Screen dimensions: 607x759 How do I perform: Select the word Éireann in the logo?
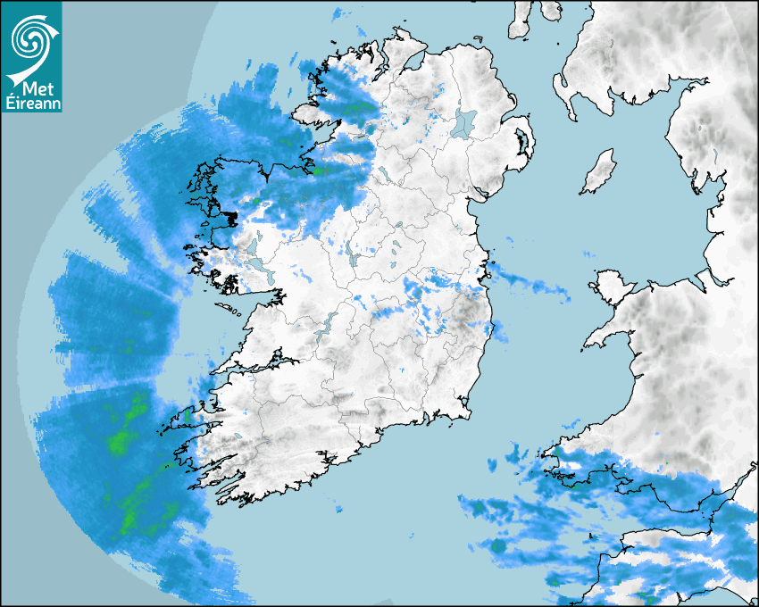tap(31, 103)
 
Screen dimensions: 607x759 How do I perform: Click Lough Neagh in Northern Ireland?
tap(465, 122)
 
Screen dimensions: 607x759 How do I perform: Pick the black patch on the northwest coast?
tap(230, 217)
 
